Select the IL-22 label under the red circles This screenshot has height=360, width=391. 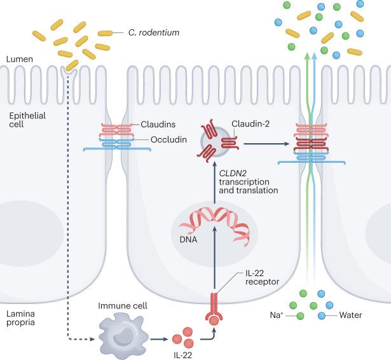click(182, 353)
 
